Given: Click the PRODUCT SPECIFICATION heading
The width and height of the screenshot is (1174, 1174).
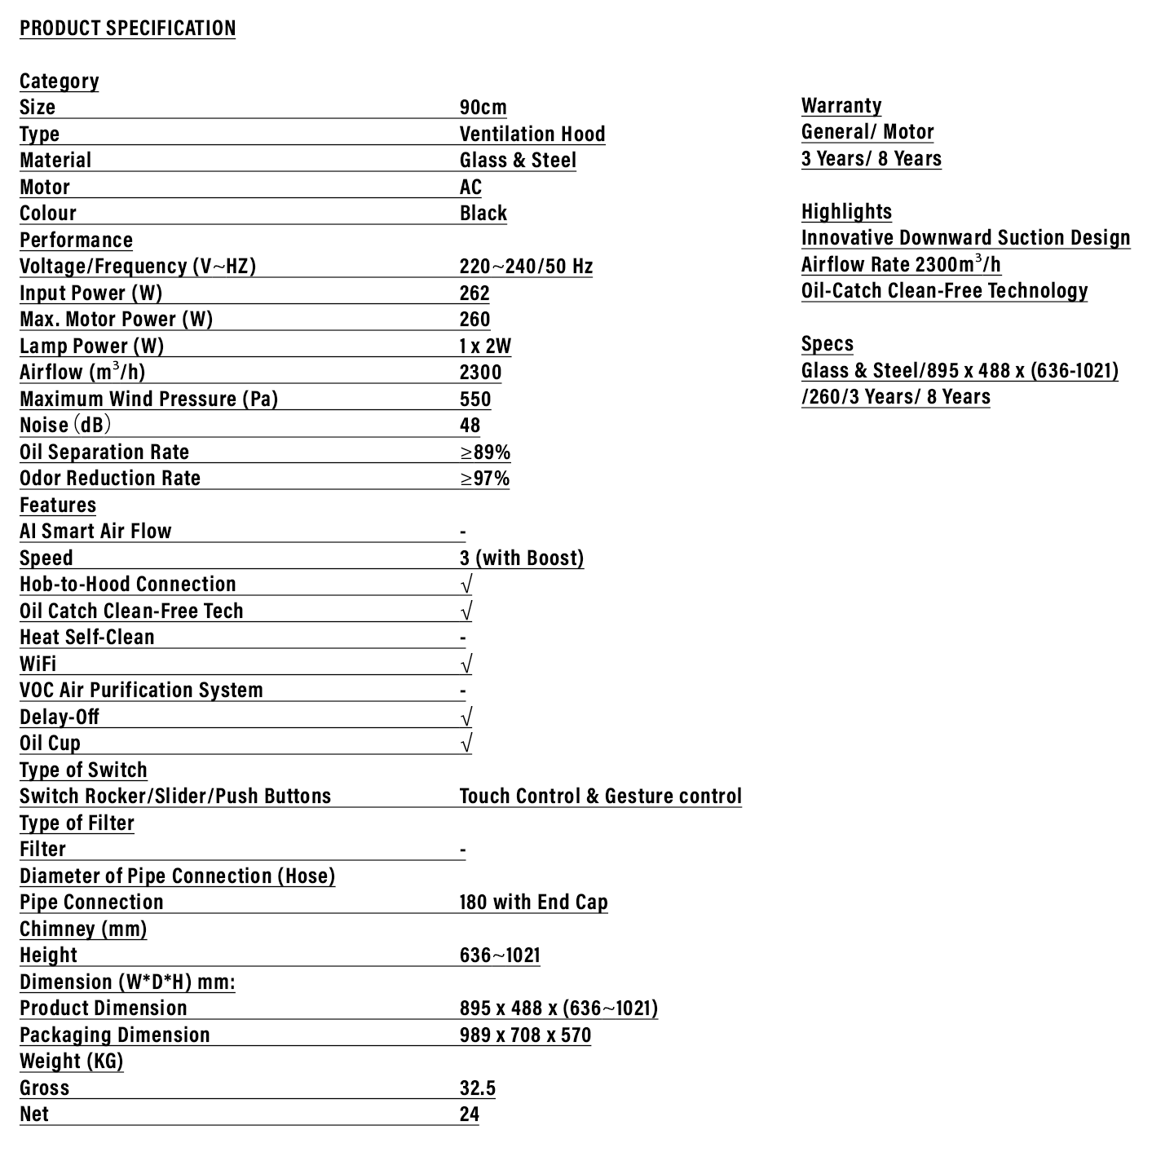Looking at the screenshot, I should point(127,28).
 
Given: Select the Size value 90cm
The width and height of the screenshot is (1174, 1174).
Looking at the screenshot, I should point(483,108).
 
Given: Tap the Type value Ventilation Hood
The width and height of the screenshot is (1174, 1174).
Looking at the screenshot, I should point(532,135).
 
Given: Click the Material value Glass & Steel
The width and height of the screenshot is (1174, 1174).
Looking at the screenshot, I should point(518,161).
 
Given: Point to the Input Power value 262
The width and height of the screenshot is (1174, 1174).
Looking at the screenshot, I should point(474,293).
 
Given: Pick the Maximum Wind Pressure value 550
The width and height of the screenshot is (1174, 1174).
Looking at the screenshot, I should point(475,399).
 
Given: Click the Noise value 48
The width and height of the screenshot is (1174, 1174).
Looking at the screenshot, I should point(470,426).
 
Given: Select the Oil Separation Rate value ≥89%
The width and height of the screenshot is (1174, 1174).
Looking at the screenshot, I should point(485,452).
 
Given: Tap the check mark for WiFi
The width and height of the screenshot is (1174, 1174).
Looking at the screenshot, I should point(466,664).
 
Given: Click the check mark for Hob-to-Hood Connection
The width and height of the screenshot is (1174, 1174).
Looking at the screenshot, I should point(466,585).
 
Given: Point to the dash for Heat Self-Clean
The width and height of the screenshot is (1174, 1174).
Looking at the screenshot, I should point(463,638).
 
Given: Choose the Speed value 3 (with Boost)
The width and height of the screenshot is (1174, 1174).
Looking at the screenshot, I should point(522,558).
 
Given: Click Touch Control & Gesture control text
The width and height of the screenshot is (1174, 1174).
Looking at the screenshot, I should point(600,797).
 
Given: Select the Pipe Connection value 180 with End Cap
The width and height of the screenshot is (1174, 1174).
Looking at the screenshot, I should point(533,903).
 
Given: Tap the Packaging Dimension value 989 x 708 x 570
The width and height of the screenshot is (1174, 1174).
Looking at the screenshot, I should point(525,1035).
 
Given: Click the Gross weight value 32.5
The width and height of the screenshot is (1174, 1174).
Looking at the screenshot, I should point(477,1088).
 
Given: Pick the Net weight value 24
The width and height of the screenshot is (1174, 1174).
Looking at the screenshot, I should point(469,1114).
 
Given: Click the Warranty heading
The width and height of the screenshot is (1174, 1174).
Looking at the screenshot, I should point(841,106).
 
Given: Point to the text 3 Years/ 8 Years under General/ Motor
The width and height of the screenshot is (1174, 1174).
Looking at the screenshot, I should point(871,159).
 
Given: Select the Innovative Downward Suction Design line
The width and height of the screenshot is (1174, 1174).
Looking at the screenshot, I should point(965,238).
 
